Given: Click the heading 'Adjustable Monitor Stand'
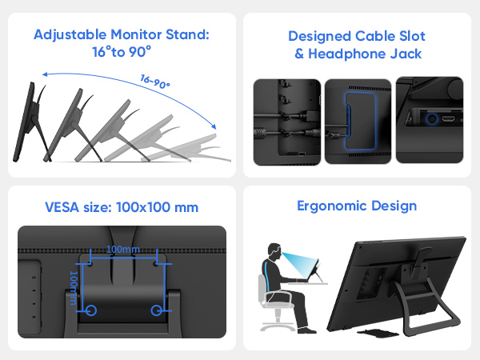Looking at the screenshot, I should coord(119,35).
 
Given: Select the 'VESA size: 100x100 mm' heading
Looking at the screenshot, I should coord(121,208).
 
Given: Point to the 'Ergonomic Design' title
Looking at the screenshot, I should coord(357,206).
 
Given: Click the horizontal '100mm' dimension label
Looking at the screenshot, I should coord(122,249).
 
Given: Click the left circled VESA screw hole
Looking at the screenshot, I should coord(90,309).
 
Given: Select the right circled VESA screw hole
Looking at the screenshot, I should coord(156,309).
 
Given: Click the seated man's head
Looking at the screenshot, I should coord(271,251).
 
